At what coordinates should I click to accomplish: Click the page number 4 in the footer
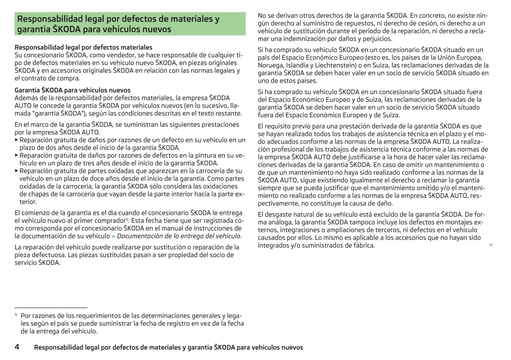[17, 347]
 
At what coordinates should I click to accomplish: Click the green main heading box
[130, 24]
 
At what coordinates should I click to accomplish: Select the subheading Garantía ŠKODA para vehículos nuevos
[72, 90]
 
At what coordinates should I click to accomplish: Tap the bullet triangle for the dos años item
[17, 140]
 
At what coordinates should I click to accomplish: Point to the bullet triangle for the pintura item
[17, 155]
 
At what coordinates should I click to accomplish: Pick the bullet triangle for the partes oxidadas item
[17, 171]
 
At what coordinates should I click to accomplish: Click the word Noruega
[271, 65]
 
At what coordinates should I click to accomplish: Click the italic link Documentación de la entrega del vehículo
[179, 236]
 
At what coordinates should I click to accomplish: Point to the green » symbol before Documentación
[113, 236]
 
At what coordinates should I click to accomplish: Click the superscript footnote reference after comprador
[127, 219]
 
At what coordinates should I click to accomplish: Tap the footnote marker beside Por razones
[16, 314]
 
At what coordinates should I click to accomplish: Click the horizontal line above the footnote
[51, 308]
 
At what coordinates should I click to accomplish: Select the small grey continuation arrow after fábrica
[491, 245]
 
